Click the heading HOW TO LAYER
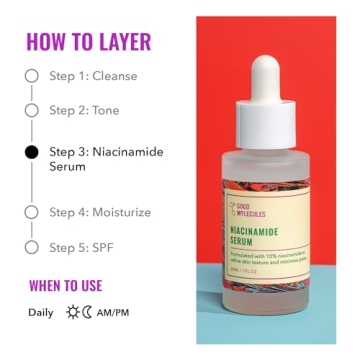88,42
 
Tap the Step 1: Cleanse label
94,76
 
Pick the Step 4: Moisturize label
100,212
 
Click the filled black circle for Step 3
31,152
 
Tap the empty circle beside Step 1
31,76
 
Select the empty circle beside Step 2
31,110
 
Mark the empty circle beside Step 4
31,212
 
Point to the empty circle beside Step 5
31,246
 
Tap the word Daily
41,312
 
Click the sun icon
72,312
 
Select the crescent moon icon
87,312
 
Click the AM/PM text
112,312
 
